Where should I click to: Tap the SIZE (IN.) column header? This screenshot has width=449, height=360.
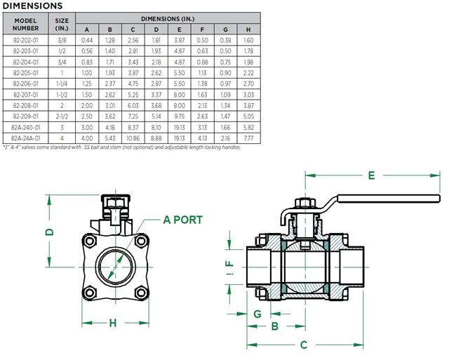pos(61,25)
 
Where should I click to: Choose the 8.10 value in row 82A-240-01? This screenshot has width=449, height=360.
pos(156,128)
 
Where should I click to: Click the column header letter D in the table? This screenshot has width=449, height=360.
pos(156,29)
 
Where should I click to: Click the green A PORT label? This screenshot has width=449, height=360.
pos(182,220)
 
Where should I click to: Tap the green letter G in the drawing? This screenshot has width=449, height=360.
pos(257,312)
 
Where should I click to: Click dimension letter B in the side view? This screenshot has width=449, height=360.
pos(276,326)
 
